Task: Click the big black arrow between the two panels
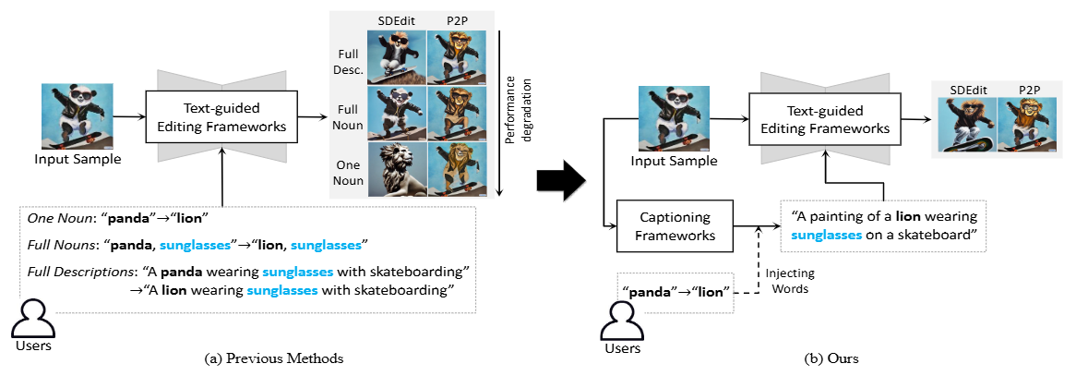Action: [561, 179]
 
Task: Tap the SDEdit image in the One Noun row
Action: [396, 170]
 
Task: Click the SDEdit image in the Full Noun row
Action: [396, 113]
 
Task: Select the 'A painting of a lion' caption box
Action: [884, 225]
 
